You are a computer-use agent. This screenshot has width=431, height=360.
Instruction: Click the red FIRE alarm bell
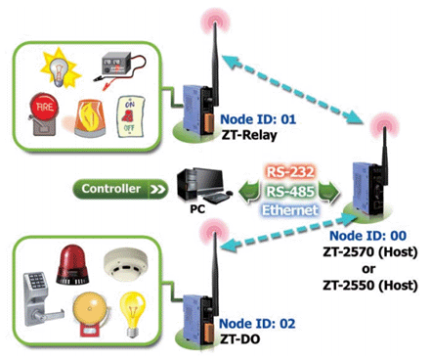point(43,113)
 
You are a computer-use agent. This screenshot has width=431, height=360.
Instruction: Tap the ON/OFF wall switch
point(130,116)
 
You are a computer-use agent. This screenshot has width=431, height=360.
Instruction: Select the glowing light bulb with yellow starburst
point(60,67)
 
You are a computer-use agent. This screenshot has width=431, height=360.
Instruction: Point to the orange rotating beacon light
point(90,117)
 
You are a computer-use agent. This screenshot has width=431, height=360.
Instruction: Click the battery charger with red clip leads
point(119,71)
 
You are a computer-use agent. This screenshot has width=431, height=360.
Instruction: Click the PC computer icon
point(204,186)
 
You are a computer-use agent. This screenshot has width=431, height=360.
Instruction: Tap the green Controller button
point(120,189)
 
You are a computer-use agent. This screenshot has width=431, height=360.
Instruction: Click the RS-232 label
point(290,172)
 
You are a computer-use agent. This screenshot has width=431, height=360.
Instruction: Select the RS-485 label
point(290,192)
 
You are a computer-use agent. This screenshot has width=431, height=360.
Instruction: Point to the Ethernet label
point(290,210)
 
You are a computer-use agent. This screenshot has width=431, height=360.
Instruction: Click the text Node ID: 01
point(258,119)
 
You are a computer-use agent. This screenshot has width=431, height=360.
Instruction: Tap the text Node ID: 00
point(368,236)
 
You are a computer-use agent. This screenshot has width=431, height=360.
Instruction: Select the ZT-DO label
point(240,339)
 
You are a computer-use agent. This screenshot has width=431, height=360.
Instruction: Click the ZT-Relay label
point(249,135)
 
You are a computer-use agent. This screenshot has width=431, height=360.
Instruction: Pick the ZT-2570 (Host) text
point(370,252)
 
